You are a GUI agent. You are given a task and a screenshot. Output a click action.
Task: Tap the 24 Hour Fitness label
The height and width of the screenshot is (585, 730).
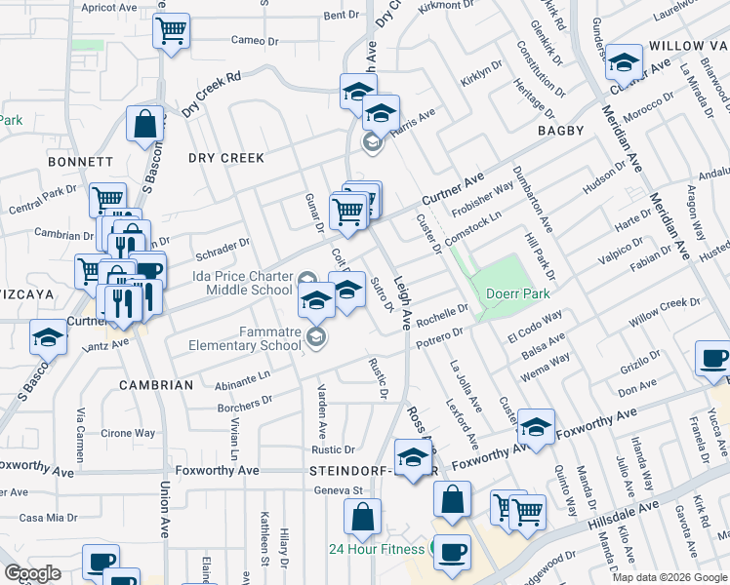tap(377, 549)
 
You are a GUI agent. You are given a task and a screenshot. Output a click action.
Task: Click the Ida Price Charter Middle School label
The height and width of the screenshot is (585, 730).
tap(243, 283)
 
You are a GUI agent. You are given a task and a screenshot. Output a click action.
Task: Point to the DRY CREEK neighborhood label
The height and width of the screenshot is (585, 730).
tap(226, 158)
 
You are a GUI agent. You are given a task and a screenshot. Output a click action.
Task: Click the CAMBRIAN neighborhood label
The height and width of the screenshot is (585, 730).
tap(156, 385)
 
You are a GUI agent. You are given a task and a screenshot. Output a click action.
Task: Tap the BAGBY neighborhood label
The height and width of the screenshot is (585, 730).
tap(559, 130)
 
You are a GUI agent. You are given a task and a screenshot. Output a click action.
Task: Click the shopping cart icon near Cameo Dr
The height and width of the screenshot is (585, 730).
tap(171, 30)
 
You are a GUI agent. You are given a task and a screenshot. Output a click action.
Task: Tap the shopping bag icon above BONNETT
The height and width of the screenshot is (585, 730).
tap(144, 125)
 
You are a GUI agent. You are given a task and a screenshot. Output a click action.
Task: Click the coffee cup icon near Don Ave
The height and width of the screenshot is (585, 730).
tap(712, 359)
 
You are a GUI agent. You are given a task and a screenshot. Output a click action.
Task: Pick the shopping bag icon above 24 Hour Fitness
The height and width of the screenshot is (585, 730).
tap(362, 518)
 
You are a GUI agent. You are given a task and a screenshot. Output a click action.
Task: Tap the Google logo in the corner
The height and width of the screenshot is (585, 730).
tap(32, 573)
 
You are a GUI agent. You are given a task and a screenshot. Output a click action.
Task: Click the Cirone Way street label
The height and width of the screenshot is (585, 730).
tap(129, 433)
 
